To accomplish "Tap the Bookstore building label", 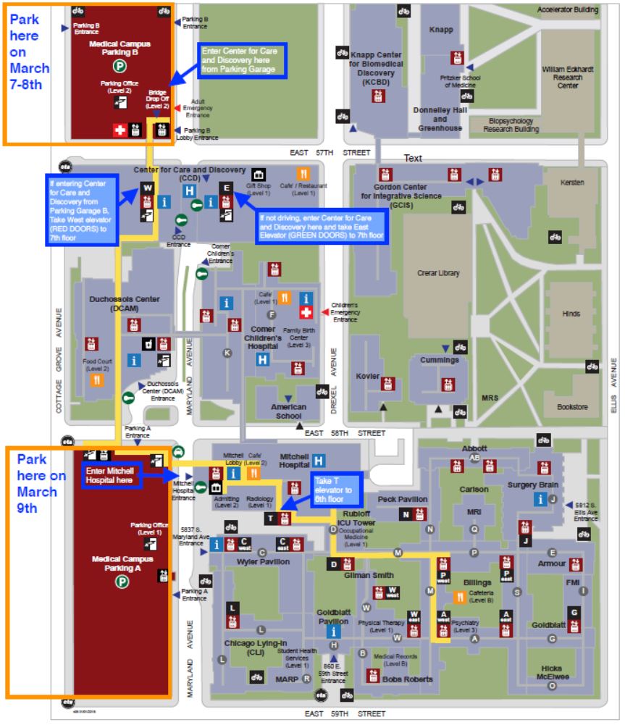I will [x=571, y=407].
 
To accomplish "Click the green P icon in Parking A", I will [x=122, y=581].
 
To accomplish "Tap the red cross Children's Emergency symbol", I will [x=306, y=311].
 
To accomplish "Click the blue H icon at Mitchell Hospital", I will [x=318, y=459].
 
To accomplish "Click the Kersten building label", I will [x=571, y=183].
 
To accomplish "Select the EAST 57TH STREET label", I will [x=330, y=153].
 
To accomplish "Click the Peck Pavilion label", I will [x=402, y=500].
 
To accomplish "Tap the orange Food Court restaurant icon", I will [x=96, y=379].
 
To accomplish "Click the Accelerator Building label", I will [x=568, y=10].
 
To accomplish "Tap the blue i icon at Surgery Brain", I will [x=539, y=498].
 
